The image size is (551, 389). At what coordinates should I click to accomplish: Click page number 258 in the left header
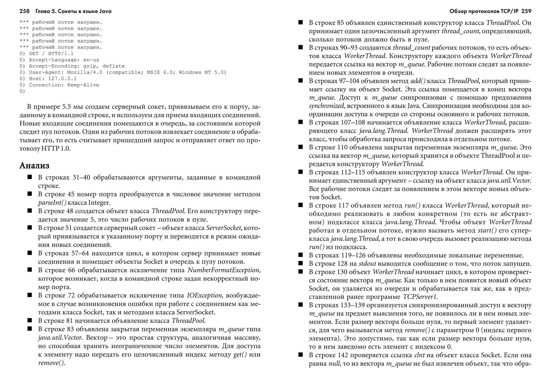(x=24, y=11)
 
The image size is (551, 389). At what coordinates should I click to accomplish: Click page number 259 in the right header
(x=526, y=11)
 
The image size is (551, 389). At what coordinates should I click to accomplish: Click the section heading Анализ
(x=34, y=165)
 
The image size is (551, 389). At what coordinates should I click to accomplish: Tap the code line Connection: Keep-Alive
(x=64, y=85)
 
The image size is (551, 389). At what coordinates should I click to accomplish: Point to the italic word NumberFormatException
(x=224, y=270)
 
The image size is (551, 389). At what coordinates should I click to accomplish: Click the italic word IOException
(x=204, y=295)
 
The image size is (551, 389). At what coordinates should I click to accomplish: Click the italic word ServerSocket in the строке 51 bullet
(x=223, y=228)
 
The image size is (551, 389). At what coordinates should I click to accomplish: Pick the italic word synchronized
(x=326, y=106)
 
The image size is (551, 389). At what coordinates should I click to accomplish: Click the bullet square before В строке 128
(x=301, y=263)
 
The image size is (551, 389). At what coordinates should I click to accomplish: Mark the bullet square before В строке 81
(x=30, y=320)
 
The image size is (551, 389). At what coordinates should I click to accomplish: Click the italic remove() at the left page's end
(x=51, y=363)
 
